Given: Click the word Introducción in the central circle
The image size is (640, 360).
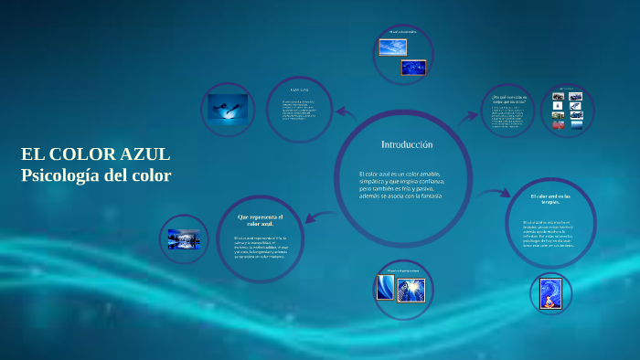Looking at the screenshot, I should (x=406, y=145).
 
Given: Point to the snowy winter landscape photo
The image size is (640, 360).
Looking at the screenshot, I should (x=185, y=240).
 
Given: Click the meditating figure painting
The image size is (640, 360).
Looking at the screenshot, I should (x=550, y=291).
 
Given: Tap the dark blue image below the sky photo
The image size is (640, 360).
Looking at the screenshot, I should (x=413, y=67).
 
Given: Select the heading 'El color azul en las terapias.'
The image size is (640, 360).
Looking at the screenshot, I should (x=551, y=199).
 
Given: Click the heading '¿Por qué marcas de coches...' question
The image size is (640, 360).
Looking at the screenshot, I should (x=508, y=100).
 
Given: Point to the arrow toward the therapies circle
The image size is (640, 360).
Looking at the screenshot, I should (x=495, y=193).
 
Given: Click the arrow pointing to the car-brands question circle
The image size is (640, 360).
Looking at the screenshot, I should (x=468, y=118).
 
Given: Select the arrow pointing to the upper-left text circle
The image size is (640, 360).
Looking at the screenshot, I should (x=345, y=113).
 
